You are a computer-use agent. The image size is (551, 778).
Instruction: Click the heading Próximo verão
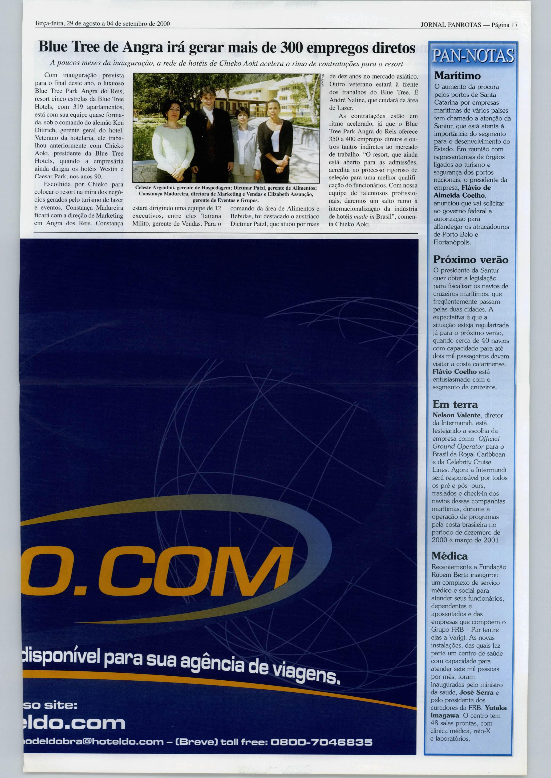tap(471, 260)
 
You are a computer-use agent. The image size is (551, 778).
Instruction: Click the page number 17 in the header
tap(514, 25)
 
